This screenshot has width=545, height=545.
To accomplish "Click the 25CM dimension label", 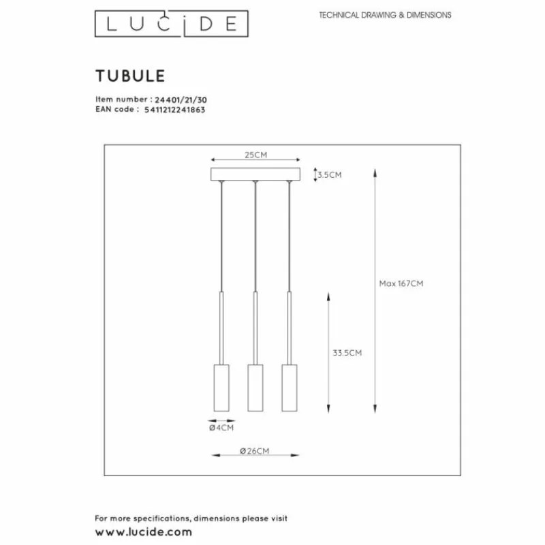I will (x=255, y=155).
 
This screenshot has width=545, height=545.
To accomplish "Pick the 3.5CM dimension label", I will (x=330, y=175).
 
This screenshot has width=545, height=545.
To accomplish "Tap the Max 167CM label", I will (x=401, y=283).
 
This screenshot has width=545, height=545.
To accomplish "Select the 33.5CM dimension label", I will (x=347, y=353).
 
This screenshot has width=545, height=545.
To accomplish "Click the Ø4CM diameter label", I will (x=221, y=429).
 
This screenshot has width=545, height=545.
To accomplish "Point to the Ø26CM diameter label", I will (x=255, y=451).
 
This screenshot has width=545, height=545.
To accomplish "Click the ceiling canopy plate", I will (x=255, y=175).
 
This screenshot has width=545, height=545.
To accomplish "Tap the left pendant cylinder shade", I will (x=221, y=387).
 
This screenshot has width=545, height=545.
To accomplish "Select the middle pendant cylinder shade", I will (x=255, y=387).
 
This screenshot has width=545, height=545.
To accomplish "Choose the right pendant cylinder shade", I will (x=289, y=387).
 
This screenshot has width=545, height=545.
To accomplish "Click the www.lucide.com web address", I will (x=143, y=531).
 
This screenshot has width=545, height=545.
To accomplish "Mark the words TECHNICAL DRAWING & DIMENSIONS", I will (x=385, y=15).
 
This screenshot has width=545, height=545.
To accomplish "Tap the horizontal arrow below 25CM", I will (x=255, y=163).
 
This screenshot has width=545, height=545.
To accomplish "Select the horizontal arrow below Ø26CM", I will (x=255, y=458).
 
